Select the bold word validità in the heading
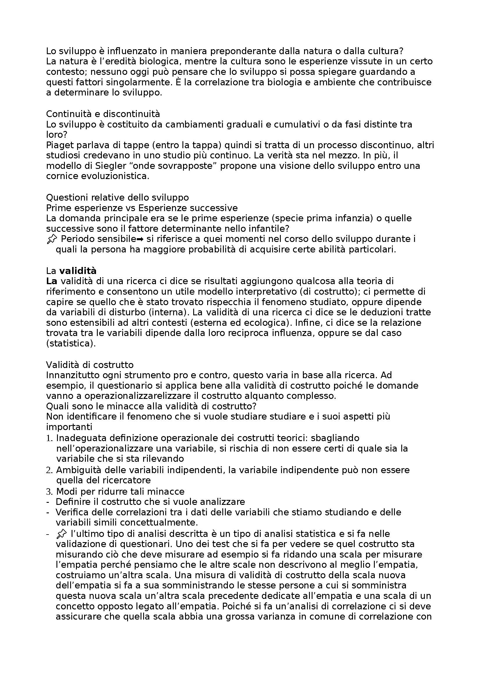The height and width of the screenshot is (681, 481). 78,271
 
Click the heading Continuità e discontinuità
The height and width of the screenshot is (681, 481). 103,114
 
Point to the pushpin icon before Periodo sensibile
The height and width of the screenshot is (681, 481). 52,239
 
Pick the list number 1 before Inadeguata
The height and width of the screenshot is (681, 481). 49,438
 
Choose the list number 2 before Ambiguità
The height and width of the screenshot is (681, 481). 49,470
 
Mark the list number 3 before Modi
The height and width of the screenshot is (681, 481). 49,491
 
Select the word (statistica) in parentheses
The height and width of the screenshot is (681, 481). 71,344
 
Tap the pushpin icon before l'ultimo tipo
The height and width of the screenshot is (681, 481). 61,534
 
